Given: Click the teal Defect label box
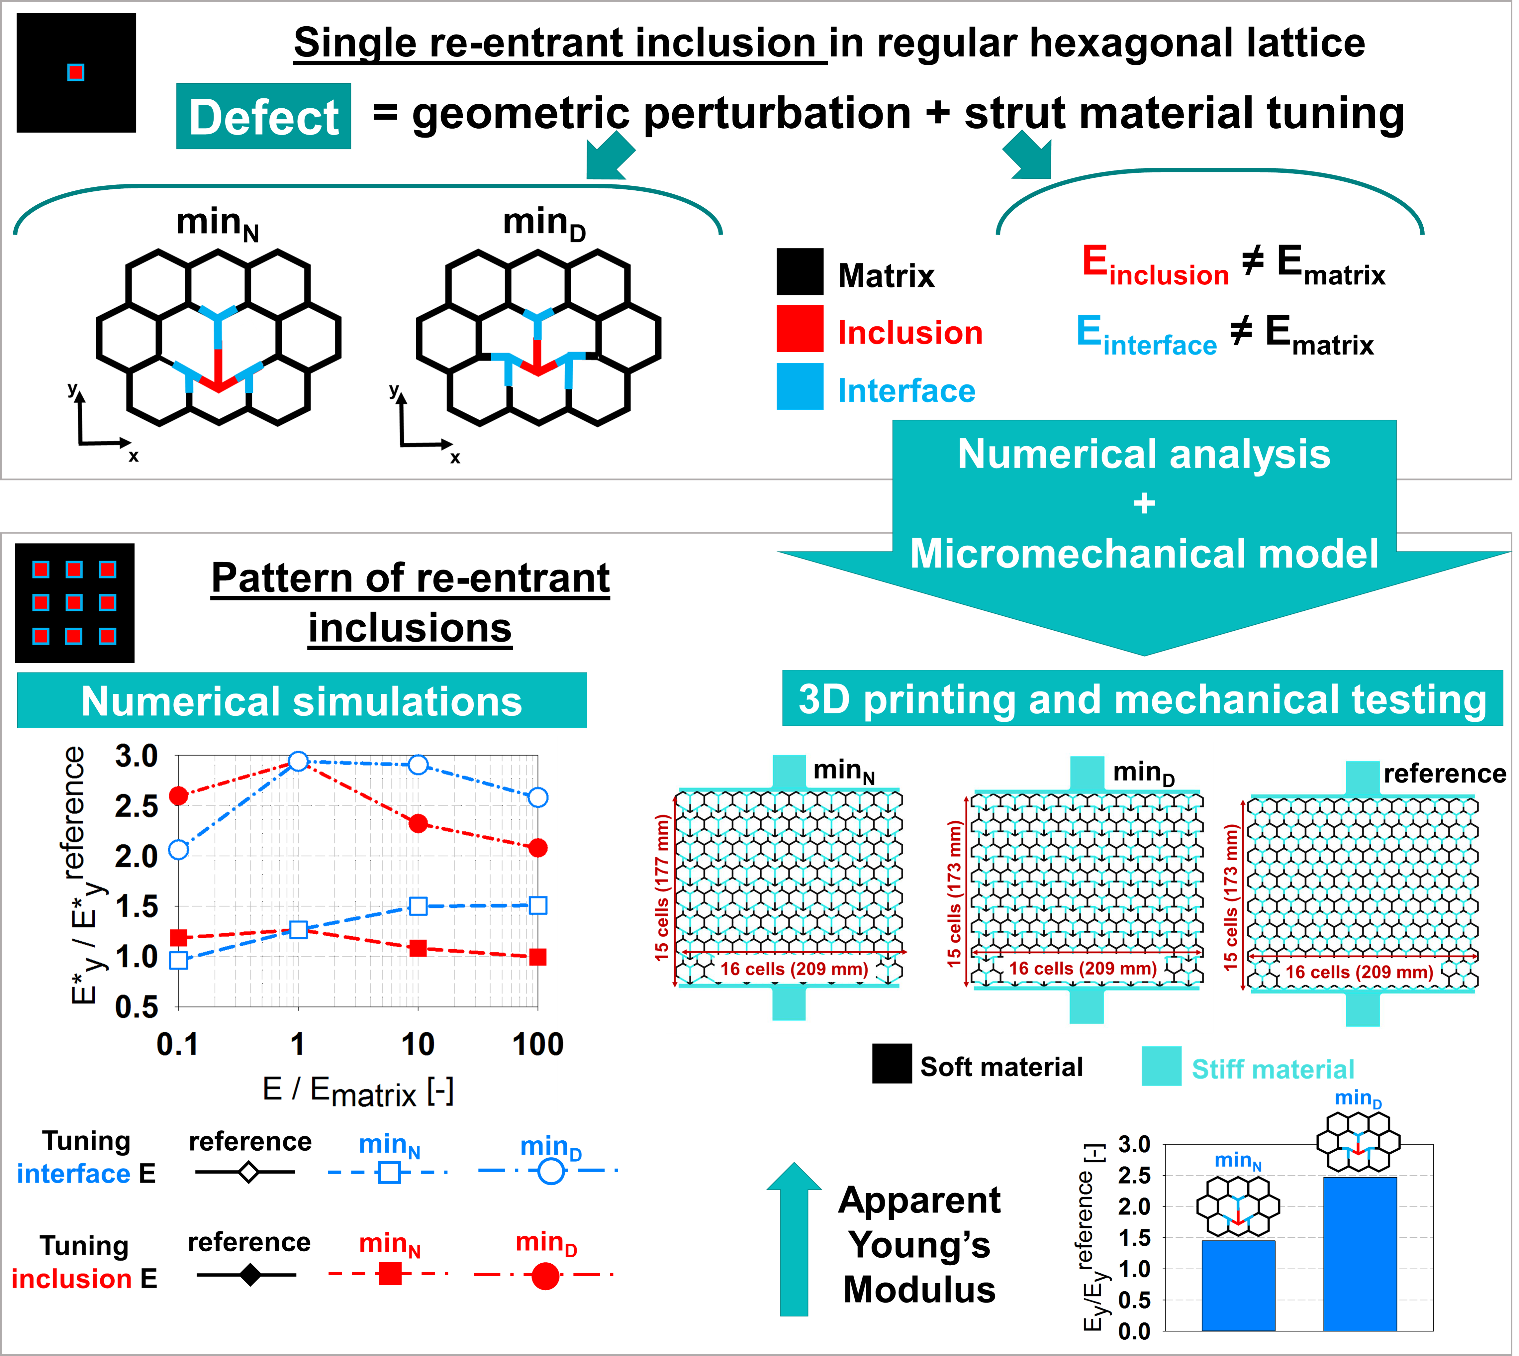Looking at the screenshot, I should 264,116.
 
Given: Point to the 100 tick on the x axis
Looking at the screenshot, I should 538,1045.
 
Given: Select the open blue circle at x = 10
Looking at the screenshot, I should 419,765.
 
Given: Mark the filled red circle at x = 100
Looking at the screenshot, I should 538,848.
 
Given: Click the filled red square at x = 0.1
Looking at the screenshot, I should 179,937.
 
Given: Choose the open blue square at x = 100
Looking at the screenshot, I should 538,906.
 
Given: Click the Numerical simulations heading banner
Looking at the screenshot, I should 302,701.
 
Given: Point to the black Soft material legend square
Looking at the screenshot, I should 892,1064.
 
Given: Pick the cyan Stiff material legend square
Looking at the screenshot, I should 1161,1066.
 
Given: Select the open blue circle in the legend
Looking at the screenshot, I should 550,1172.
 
